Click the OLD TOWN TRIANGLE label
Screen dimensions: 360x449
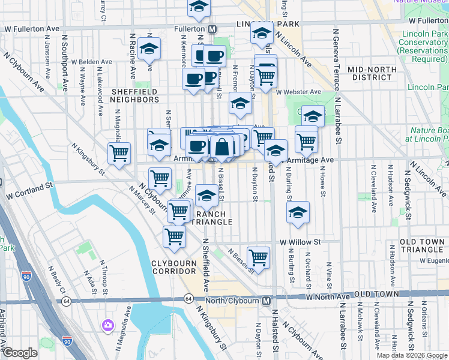tap(423, 246)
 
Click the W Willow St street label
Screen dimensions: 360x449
tap(301, 242)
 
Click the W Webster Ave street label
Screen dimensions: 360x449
tap(298, 92)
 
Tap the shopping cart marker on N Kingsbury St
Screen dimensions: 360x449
tap(119, 153)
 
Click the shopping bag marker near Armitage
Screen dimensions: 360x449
tap(221, 146)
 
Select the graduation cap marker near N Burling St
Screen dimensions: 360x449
tap(298, 212)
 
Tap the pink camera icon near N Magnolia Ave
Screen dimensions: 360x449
tap(108, 325)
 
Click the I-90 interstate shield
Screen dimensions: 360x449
tap(66, 341)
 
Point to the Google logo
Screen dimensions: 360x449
tap(20, 352)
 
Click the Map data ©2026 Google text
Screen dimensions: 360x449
tap(411, 355)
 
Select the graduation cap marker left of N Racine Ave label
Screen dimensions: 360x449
tap(149, 50)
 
